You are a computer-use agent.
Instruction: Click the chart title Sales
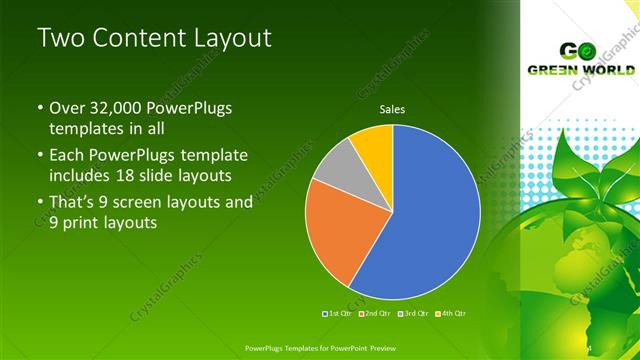392,109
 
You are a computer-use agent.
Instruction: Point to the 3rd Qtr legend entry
412,313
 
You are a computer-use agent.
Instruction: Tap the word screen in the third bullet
146,201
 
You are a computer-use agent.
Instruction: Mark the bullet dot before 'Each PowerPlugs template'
40,156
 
